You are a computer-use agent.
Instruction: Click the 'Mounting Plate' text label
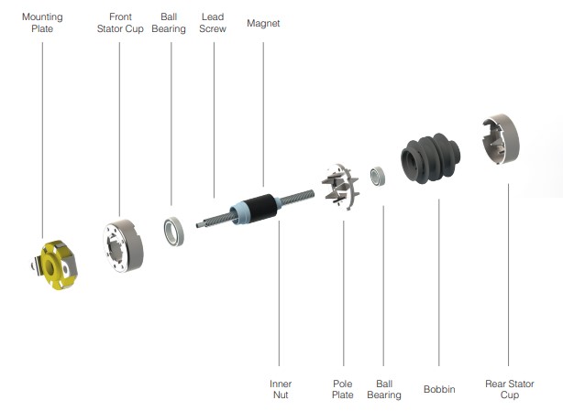[42, 23]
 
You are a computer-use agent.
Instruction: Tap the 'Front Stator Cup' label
[119, 23]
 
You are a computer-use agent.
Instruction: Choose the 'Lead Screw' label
[213, 23]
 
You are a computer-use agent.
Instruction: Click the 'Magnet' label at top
[263, 24]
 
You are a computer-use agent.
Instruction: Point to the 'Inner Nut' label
[280, 389]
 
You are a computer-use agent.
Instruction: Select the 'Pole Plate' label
[342, 389]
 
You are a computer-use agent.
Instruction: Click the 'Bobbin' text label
[439, 389]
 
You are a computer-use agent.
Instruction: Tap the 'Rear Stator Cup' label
[509, 389]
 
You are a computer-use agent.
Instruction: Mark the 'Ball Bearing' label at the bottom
[383, 389]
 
